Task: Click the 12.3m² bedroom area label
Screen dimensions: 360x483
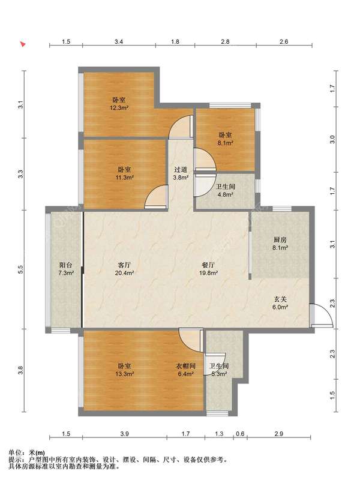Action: pos(119,108)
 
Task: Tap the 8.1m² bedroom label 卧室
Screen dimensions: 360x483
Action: pos(225,135)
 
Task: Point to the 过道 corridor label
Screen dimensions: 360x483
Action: pos(181,169)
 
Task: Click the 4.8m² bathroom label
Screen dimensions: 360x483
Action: pos(225,194)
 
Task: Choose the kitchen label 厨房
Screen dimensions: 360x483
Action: pos(280,239)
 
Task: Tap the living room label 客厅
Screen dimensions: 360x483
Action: pos(124,265)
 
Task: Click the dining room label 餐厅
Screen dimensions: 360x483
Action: pos(208,265)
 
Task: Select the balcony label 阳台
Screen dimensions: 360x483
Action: pos(66,265)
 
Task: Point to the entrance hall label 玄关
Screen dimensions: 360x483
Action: pos(280,299)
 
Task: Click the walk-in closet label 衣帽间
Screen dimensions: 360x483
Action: pos(185,366)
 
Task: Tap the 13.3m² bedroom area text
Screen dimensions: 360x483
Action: pos(124,374)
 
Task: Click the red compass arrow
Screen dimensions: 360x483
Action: pos(23,44)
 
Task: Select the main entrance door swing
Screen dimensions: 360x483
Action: pos(323,316)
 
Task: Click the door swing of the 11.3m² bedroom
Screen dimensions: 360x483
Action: pos(155,197)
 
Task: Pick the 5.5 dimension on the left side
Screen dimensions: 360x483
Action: pos(20,269)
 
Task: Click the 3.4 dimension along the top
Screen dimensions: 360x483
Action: pos(119,41)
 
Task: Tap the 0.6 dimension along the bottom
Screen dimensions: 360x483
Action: pos(240,434)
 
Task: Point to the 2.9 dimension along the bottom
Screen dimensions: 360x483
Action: pos(278,434)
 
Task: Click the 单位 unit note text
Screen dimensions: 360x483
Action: pos(14,453)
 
